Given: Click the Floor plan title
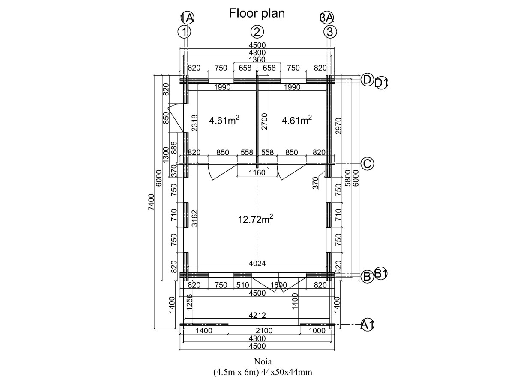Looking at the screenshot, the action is (x=257, y=13).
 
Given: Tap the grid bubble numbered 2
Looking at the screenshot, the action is (x=257, y=32).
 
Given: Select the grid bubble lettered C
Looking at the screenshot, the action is (x=367, y=164).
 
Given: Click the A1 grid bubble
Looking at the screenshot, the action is (x=367, y=325).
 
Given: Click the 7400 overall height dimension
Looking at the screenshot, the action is (x=152, y=202).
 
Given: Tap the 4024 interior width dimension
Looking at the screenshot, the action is (x=257, y=264).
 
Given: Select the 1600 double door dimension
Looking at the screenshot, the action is (x=279, y=285).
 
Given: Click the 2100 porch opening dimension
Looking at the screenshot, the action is (x=264, y=331).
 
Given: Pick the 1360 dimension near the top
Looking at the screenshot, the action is (x=257, y=59).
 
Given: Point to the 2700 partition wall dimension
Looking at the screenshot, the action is (x=264, y=121).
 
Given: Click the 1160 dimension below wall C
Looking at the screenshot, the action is (x=257, y=173).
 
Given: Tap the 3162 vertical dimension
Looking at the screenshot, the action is (x=194, y=219).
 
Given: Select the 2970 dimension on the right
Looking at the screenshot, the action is (x=338, y=126).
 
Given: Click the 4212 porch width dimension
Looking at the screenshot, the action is (x=257, y=315).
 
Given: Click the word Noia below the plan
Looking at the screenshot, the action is (x=263, y=362).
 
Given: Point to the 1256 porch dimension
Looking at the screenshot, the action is (x=189, y=302).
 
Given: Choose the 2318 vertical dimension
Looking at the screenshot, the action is (x=194, y=123).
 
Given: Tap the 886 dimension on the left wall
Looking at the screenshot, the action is (x=174, y=148).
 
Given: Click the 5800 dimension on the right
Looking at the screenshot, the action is (x=348, y=178).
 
